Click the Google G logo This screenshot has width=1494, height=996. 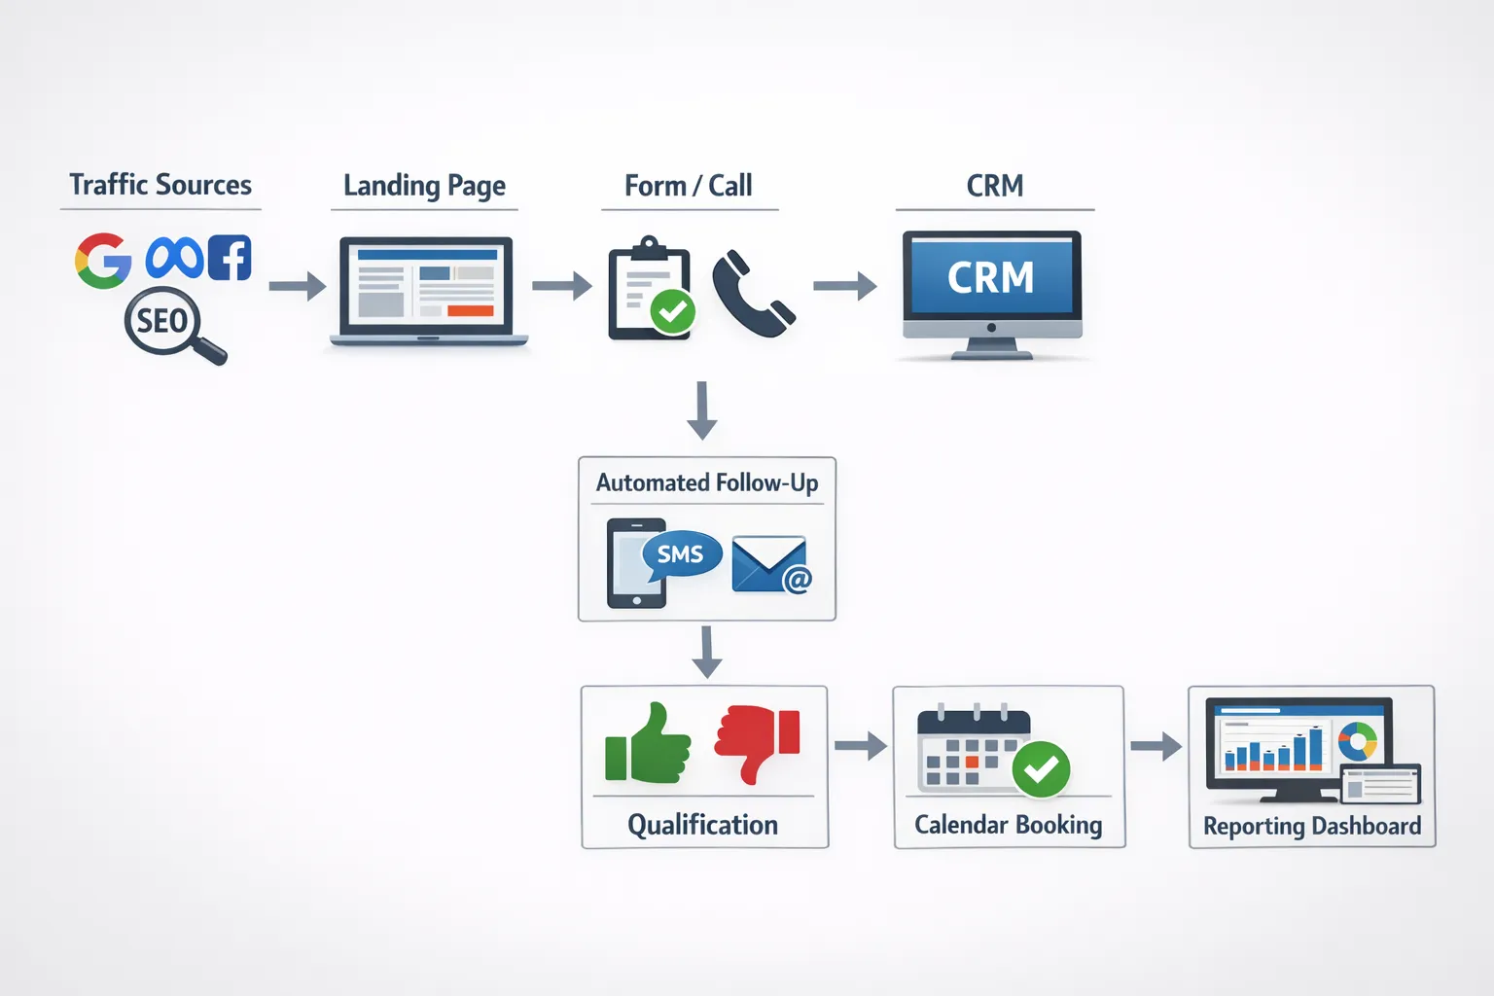tap(103, 261)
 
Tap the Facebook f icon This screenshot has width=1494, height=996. tap(230, 258)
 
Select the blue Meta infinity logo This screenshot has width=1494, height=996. tap(174, 259)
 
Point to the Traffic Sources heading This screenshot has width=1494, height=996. tap(160, 185)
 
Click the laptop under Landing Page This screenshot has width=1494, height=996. tap(427, 290)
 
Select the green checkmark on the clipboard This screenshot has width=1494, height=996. tap(672, 311)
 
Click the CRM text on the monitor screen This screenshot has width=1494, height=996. tap(991, 278)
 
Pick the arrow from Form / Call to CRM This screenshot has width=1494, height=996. tap(844, 286)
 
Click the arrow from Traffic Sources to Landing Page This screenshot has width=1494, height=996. tap(297, 286)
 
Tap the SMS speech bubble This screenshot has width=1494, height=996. tap(681, 554)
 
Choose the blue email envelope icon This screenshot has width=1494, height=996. tap(769, 564)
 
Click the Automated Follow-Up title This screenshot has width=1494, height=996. tap(707, 482)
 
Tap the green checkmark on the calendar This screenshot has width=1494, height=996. tap(1041, 769)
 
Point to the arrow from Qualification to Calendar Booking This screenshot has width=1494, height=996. tap(861, 746)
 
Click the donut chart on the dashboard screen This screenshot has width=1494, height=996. tap(1358, 741)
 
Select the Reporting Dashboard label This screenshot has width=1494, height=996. tap(1312, 826)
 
